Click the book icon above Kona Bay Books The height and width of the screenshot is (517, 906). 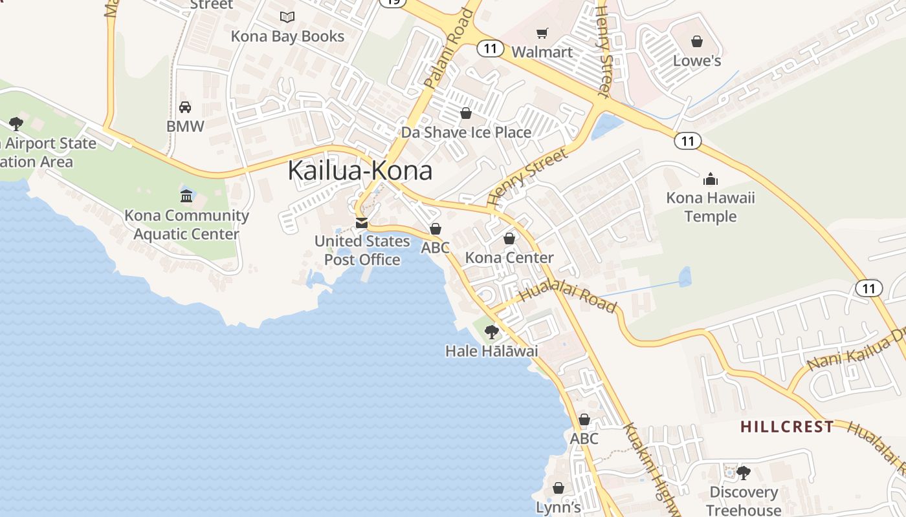[287, 17]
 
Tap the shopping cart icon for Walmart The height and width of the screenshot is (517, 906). [542, 33]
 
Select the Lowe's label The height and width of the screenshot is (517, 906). [697, 61]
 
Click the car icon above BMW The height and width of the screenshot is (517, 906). [185, 107]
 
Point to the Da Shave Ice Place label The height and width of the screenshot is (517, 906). [466, 132]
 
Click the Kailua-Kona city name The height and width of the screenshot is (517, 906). [360, 171]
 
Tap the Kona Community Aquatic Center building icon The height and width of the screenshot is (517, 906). [186, 196]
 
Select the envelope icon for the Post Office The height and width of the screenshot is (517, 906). [361, 223]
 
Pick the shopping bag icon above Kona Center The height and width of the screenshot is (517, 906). [509, 238]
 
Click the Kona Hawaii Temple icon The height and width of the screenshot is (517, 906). [711, 179]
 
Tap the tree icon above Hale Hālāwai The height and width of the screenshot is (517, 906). [492, 332]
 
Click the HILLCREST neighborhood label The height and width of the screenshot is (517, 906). [787, 427]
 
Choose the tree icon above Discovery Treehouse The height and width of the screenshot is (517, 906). [743, 473]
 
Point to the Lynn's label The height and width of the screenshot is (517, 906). [558, 508]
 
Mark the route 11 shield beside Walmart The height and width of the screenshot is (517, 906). [491, 48]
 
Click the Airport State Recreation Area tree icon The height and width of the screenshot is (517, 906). [16, 124]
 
